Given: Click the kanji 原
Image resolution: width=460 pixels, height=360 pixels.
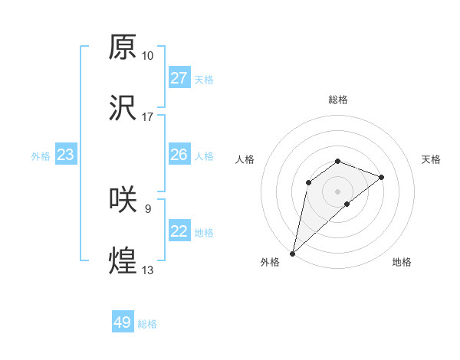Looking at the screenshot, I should pos(123,47).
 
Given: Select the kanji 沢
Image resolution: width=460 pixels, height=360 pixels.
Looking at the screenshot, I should pos(123,108).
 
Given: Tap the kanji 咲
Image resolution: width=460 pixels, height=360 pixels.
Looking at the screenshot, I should pos(123,199).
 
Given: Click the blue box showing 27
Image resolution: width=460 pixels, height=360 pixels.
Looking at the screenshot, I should pos(179,78).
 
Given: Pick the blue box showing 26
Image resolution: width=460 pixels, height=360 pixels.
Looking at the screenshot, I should pos(179,155).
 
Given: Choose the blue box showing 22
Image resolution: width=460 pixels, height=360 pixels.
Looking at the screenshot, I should pos(179,231).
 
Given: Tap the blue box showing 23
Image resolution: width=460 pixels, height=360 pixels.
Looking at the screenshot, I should pos(65,155).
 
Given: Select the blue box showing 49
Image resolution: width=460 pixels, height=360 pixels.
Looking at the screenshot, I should pos(122,322).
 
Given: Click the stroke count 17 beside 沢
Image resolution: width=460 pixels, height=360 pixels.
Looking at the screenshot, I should pos(147,117).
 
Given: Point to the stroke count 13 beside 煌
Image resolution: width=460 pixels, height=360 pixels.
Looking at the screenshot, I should pos(147,270).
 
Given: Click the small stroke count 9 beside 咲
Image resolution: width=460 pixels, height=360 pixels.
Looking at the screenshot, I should pos(147,208).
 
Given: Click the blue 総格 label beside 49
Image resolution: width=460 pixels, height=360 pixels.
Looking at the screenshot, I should pos(147,324).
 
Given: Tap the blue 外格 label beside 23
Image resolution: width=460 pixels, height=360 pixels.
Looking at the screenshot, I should pos(41,156).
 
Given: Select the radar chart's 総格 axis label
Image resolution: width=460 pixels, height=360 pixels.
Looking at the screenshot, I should pos(337,100).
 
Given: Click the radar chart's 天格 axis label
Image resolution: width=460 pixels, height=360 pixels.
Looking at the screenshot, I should pos(431,159).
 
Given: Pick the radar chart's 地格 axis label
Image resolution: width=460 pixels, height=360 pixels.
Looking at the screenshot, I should pos(402,262).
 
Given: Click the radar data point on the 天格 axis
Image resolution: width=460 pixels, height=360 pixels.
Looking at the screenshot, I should pos(381,177).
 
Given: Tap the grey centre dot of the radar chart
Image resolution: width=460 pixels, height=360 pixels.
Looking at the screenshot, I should pos(337,191).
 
